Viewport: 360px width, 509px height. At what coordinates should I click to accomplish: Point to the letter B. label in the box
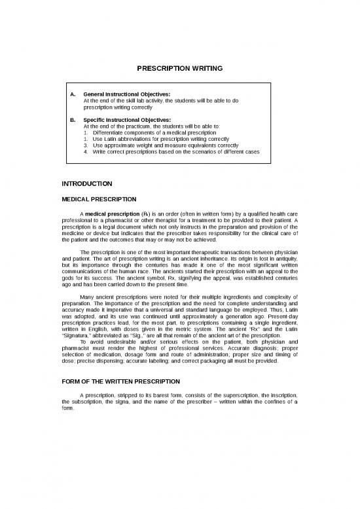[x=72, y=120]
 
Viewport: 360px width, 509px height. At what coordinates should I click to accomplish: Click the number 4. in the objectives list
[x=86, y=151]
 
